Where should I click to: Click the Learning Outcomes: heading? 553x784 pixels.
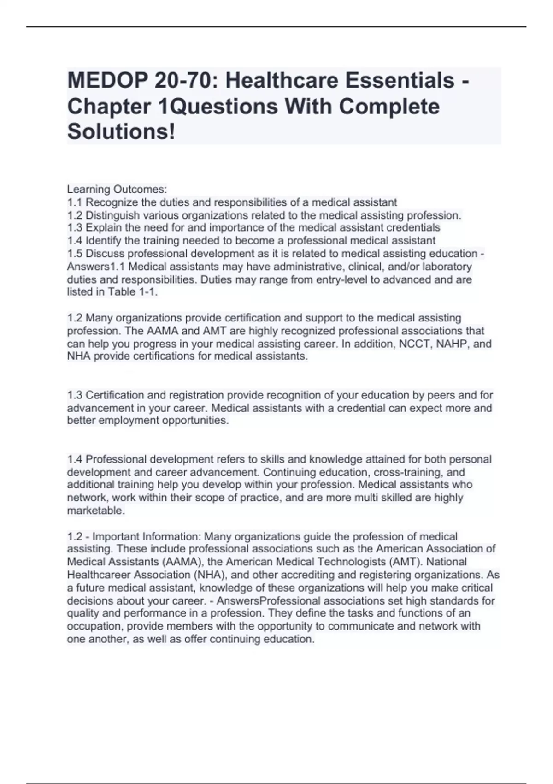click(x=117, y=190)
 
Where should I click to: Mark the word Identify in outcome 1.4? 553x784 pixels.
click(x=104, y=241)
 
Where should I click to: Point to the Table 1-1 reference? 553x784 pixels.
click(x=132, y=292)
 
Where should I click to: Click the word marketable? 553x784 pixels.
click(x=95, y=511)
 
